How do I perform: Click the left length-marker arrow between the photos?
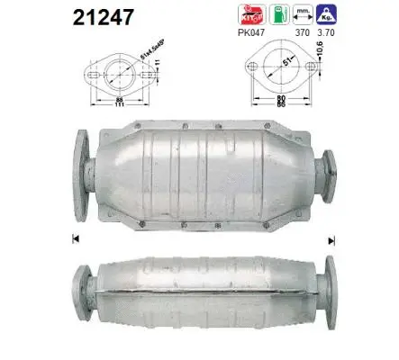click(75, 238)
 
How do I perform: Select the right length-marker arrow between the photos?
click(331, 238)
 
